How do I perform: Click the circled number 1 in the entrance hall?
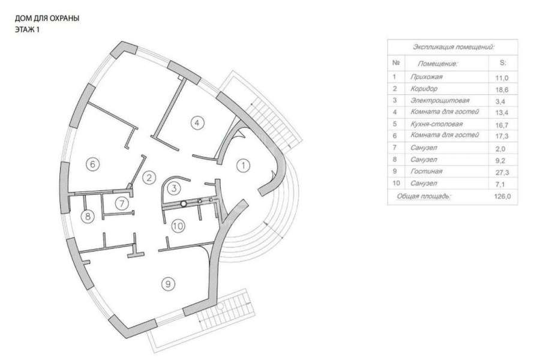point(243,166)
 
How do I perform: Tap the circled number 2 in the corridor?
point(149,178)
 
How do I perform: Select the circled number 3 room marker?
point(174,188)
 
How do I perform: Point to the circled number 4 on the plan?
point(197,122)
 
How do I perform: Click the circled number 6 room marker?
point(92,164)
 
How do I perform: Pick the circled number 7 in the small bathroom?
point(122,203)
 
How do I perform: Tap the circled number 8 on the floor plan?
point(88,216)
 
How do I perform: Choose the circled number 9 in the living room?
point(168,284)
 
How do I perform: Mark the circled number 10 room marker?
point(178,226)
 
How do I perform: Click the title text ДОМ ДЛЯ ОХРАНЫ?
point(47,18)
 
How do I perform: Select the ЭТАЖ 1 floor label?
point(27,29)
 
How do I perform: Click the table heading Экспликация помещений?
point(454,47)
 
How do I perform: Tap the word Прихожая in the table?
point(427,77)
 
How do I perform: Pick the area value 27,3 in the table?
point(502,172)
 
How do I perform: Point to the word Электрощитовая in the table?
point(440,100)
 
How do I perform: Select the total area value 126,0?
point(502,196)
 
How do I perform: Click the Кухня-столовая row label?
point(436,124)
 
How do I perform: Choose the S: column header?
point(503,63)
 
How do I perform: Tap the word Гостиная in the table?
point(426,171)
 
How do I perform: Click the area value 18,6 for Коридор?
point(502,89)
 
